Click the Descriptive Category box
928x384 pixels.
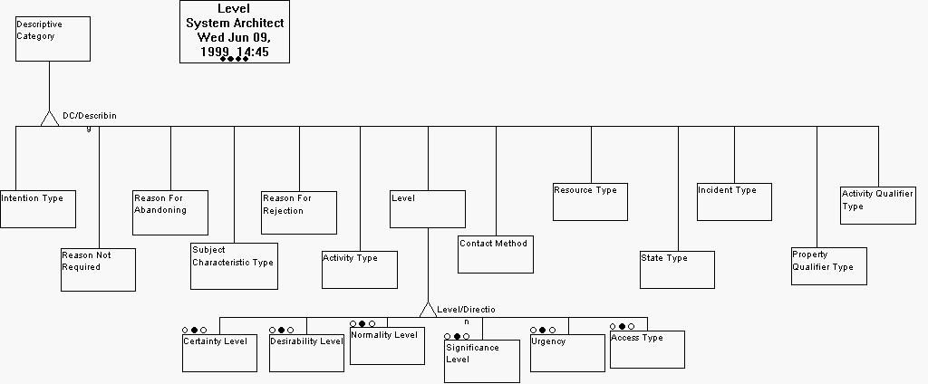(53, 39)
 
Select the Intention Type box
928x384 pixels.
(37, 209)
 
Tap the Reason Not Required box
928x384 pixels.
(98, 269)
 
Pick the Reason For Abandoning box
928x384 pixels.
(170, 213)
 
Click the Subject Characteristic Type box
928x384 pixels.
(234, 266)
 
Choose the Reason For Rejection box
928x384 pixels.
(299, 213)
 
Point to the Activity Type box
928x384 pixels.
(360, 270)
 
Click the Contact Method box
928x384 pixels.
(496, 254)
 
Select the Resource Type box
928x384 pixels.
(590, 202)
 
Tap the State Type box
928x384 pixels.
(677, 270)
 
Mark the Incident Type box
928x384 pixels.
(734, 202)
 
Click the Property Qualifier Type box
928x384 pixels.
(828, 266)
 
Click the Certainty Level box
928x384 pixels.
(220, 352)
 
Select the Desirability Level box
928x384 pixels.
(306, 352)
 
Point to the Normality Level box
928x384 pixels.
(387, 346)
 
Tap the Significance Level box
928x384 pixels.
(481, 360)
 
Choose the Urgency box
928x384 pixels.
(567, 353)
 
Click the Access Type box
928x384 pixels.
(647, 350)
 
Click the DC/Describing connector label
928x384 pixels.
(89, 117)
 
